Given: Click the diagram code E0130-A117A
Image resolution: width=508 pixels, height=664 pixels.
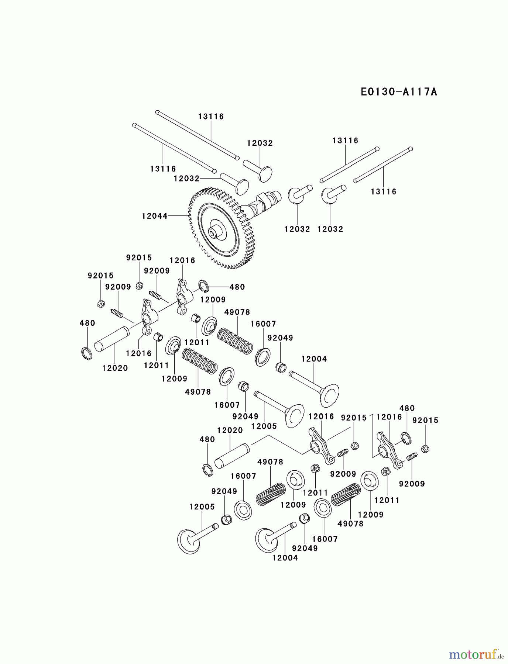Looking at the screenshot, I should (x=399, y=91).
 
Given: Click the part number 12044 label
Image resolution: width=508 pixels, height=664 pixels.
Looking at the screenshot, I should (x=154, y=216).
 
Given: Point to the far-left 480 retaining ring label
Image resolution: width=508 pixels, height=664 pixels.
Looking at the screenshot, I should (x=87, y=323).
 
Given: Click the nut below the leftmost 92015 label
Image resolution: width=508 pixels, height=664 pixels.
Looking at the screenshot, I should (x=100, y=304).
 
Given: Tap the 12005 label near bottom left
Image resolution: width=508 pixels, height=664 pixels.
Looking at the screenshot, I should (x=202, y=507).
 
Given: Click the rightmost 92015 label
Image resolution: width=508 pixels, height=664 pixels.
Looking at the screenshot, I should (x=425, y=421).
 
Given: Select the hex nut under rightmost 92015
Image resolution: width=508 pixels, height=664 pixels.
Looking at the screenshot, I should (x=425, y=449).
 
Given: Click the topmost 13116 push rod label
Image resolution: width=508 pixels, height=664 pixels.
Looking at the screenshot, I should (x=211, y=117).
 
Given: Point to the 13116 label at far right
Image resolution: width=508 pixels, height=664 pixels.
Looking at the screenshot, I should (x=384, y=191).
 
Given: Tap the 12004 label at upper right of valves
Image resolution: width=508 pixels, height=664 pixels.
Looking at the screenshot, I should (x=314, y=359).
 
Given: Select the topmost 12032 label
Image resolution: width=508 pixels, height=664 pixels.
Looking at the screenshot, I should (x=260, y=143).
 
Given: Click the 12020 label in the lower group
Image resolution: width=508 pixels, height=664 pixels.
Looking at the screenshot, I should (x=230, y=430).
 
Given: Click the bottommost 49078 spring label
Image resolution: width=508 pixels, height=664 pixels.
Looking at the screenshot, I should (x=351, y=523).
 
